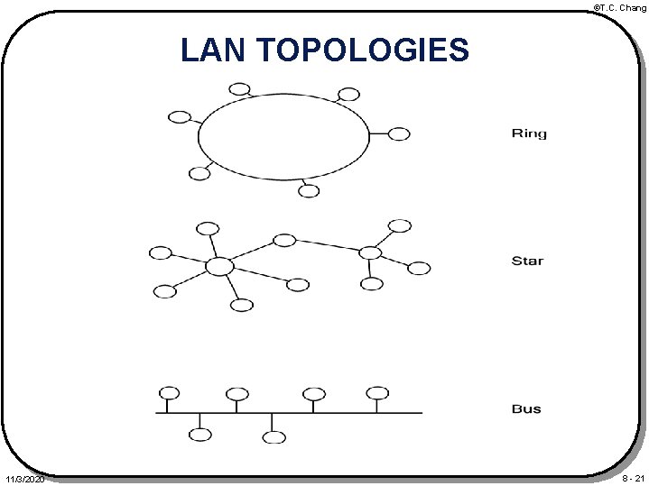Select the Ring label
pos(529,134)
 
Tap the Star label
pos(527,261)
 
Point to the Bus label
pos(526,408)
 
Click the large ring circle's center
pos(283,137)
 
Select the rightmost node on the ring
pos(398,133)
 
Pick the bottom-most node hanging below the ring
pos(309,190)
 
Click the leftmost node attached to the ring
pos(180,116)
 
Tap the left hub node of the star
pos(218,266)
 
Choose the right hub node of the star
pos(369,252)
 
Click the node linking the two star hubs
pos(284,240)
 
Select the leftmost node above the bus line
pos(169,392)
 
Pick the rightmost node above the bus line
pos(377,392)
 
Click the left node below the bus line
pos(200,436)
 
